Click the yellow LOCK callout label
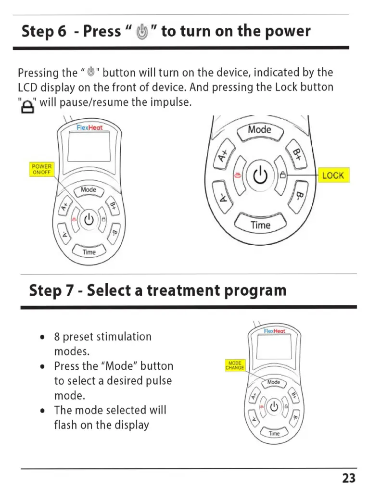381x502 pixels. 333,176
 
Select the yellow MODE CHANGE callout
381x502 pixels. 235,365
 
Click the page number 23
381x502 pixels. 349,478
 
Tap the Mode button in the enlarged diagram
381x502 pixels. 259,130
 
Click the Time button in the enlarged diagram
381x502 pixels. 260,225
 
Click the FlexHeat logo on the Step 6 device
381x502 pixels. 89,127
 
